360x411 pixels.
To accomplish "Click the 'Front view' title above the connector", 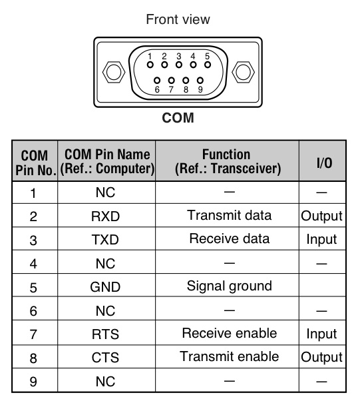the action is (178, 19).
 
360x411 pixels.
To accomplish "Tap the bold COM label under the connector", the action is (178, 118).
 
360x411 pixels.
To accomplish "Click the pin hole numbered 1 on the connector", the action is (150, 65).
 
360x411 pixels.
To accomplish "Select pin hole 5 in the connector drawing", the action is (208, 65).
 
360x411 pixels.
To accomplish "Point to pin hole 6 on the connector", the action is (157, 80).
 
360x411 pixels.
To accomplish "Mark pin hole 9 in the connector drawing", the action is (200, 80).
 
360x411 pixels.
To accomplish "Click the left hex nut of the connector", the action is (114, 72).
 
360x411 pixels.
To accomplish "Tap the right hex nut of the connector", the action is (243, 72).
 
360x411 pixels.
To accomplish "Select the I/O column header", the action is (324, 163).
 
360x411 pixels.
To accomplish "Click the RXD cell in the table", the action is (106, 216).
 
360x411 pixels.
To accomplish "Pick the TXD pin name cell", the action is (105, 240).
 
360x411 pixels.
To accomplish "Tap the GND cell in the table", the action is (105, 286).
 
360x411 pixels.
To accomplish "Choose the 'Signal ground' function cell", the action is (230, 286).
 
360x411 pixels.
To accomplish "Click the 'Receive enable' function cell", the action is (230, 333).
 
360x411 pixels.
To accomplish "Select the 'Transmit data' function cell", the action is (230, 215).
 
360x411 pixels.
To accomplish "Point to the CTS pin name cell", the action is (105, 357).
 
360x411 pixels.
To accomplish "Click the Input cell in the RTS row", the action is (321, 334).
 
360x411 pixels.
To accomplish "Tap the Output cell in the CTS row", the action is (321, 357).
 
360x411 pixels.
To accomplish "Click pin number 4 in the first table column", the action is (33, 264).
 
